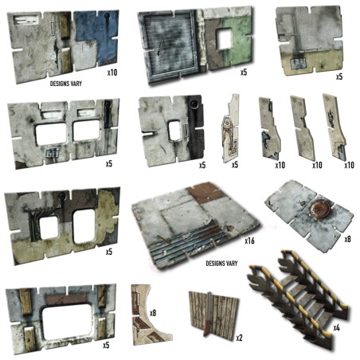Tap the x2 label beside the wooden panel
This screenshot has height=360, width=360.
coord(239,337)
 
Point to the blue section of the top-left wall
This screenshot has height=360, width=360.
coord(96,36)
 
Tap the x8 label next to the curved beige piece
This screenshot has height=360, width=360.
coord(153,312)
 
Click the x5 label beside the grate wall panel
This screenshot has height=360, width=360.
coord(244,72)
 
